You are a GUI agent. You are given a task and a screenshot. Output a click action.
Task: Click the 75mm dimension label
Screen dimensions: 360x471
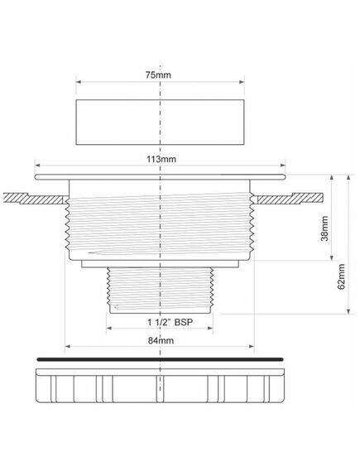158,74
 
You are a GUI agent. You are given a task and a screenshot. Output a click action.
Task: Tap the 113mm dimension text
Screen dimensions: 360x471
161,159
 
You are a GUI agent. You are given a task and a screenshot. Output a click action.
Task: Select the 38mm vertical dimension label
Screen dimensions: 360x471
324,228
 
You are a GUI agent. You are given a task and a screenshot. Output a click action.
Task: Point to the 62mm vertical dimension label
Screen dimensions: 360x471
341,276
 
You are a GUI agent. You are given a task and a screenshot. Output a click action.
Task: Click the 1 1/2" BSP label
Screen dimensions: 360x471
170,323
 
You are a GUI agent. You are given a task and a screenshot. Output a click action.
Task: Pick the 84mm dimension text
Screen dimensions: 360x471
161,341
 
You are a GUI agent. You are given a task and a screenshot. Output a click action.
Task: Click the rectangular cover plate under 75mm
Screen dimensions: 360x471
160,123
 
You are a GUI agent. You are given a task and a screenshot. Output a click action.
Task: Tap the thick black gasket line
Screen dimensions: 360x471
160,359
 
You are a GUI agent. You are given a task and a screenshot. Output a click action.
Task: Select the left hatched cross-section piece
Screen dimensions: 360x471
35,199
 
